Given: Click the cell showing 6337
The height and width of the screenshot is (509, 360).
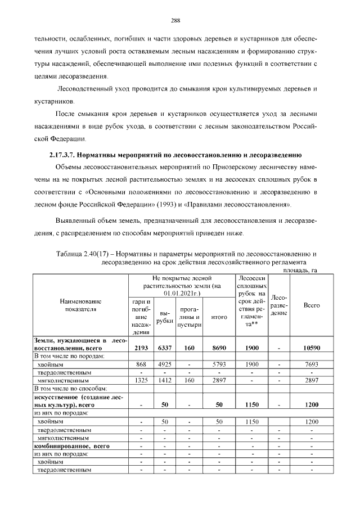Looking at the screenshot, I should point(165,348).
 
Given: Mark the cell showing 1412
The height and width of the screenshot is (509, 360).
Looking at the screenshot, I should point(165,380).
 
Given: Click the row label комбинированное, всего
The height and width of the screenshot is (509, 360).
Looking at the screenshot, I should point(73,445).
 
